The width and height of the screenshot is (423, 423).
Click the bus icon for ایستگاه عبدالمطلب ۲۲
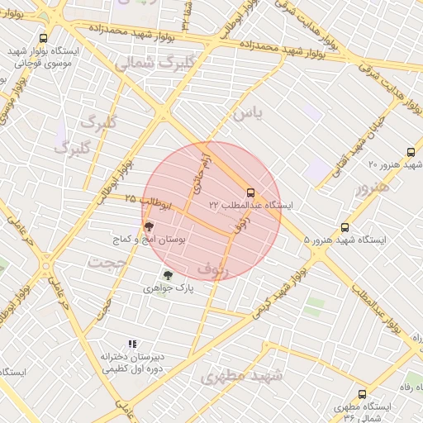[x=251, y=193]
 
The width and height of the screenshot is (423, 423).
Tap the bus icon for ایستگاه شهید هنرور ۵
[x=345, y=227]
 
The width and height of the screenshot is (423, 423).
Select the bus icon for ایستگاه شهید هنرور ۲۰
[x=411, y=152]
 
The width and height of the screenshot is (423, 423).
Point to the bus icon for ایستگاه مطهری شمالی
[x=362, y=394]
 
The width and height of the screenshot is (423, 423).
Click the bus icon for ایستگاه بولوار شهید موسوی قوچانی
[x=43, y=38]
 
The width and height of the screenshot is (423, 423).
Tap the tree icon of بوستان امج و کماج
[x=149, y=226]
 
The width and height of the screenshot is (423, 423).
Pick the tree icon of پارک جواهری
[x=169, y=276]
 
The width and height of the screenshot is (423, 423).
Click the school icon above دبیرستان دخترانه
[x=131, y=344]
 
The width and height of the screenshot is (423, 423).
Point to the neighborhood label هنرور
[x=371, y=188]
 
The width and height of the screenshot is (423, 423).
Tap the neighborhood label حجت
[x=109, y=264]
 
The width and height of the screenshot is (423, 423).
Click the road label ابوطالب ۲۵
[x=148, y=200]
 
